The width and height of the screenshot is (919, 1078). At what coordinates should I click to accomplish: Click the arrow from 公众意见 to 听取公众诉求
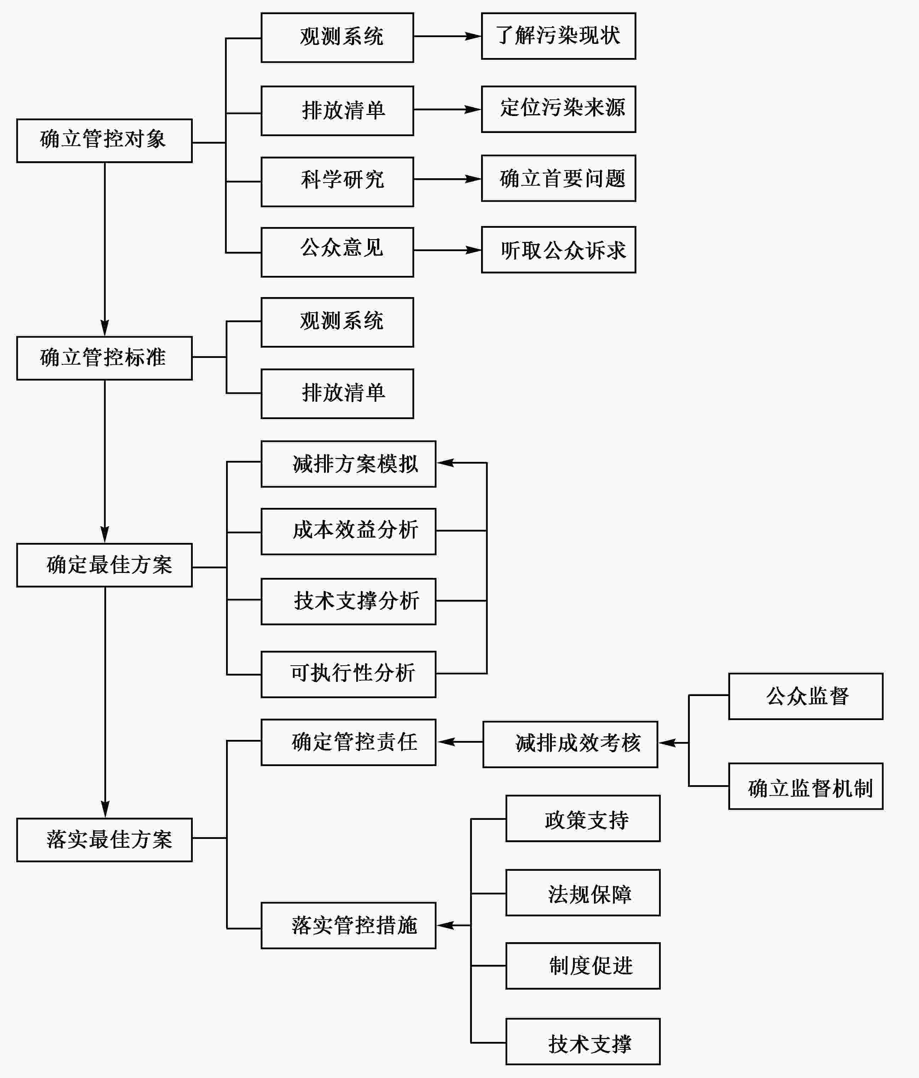(447, 250)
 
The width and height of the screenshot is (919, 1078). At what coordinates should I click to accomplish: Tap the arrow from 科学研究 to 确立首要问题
(447, 179)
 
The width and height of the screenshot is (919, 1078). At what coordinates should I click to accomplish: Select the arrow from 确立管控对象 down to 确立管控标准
(105, 249)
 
